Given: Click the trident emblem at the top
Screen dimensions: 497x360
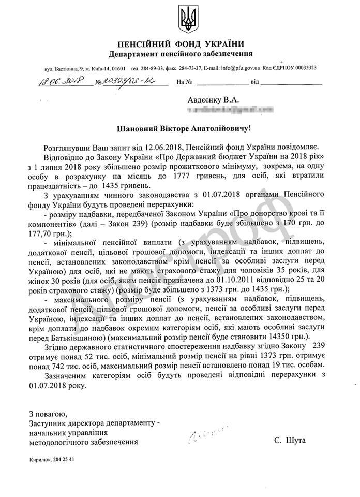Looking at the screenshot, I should pyautogui.click(x=186, y=19).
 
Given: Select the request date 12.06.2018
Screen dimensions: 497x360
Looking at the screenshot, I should pyautogui.click(x=166, y=148).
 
